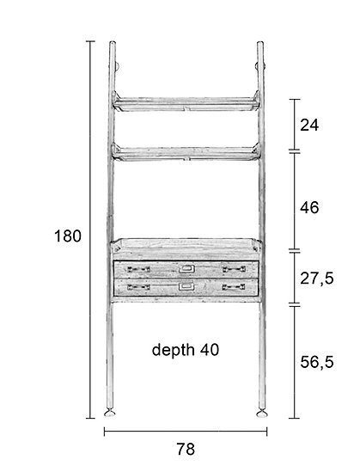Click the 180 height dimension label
coord(68,236)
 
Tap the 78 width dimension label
coord(186,449)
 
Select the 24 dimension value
coord(309,125)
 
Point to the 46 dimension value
coord(309,208)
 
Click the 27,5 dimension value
coord(317,279)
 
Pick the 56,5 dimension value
coord(317,362)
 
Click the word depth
coord(173,351)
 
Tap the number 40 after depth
coord(210,350)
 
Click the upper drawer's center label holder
coord(186,268)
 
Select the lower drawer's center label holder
coord(186,286)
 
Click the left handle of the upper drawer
coord(138,269)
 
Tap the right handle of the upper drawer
coord(234,269)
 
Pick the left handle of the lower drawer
coord(138,287)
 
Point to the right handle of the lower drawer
coord(234,287)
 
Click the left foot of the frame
coord(110,413)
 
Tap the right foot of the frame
coord(262,414)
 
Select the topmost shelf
coord(186,103)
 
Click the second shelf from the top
coord(186,153)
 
